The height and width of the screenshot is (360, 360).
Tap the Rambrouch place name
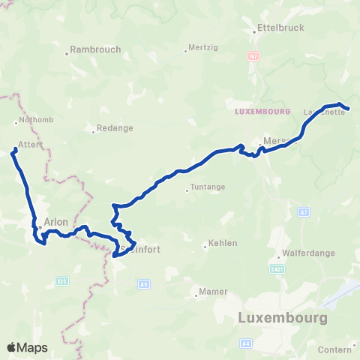(95, 50)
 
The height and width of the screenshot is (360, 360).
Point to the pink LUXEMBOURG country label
(262, 112)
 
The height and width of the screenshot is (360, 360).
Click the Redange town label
(115, 128)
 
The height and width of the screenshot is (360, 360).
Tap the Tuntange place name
(207, 189)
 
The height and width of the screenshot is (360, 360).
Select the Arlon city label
(56, 222)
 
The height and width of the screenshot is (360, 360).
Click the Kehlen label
(223, 243)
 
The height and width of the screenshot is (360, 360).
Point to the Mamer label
(213, 292)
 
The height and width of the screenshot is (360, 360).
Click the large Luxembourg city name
(282, 317)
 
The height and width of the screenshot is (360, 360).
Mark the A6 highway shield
(144, 283)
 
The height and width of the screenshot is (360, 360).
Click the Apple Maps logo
(27, 347)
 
